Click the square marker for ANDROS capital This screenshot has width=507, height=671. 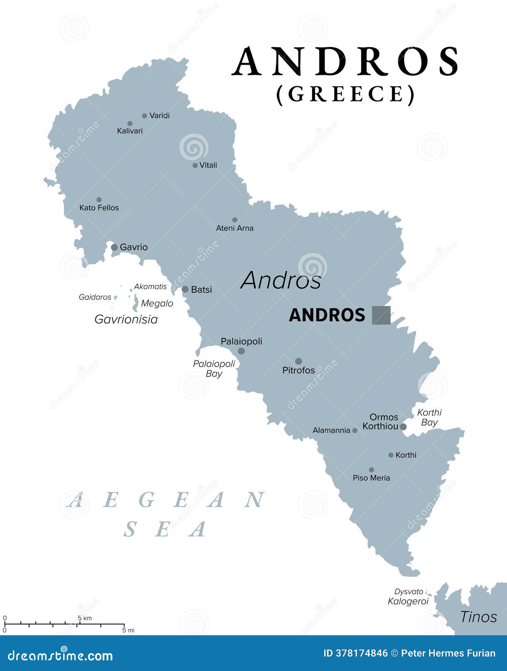pos(381,315)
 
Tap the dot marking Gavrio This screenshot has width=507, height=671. pos(114,247)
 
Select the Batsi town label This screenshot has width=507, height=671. pos(201,290)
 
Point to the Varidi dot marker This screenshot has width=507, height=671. pos(145,116)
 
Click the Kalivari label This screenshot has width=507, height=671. pos(130,131)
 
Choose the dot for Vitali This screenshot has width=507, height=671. pos(195,166)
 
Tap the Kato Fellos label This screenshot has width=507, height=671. pos(99,208)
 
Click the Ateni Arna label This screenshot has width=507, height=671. pos(234,228)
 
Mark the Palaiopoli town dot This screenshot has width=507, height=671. pos(241,351)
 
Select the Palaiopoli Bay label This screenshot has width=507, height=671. pos(214,368)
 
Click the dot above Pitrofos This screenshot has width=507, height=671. pos(298,361)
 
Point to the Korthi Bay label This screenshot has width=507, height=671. pos(429,417)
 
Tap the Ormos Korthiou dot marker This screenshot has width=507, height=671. pos(403,427)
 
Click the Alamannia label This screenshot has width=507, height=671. pos(331,430)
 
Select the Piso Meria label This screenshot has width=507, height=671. pos(371,478)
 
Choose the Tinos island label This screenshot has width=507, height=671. pos(478,617)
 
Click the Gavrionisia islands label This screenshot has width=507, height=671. pos(126,319)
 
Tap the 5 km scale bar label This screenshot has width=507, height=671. pos(85,618)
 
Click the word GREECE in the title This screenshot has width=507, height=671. pos(346,94)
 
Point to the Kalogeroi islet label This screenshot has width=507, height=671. pos(408,601)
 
